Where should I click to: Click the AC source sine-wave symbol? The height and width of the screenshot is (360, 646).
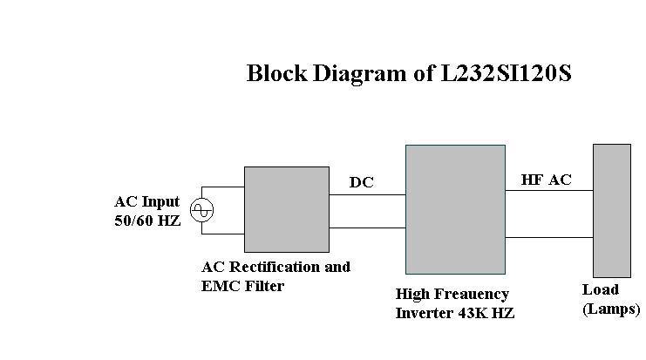[x=201, y=209]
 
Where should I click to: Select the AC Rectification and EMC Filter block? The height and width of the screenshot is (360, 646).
[x=286, y=209]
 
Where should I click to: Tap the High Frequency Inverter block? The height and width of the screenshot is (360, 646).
[x=455, y=209]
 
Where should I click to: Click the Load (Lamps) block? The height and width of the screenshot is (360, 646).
[x=611, y=210]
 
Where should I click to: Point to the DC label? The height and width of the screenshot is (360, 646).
[x=362, y=182]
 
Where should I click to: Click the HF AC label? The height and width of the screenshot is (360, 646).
[x=547, y=180]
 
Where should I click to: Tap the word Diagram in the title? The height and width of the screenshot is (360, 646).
[x=357, y=73]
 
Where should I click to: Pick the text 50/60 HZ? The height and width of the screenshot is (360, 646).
[x=148, y=221]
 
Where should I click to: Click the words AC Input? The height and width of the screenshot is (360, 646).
[x=147, y=202]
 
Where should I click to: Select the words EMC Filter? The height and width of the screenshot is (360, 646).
[x=243, y=286]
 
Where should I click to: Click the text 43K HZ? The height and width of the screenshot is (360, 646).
[x=486, y=313]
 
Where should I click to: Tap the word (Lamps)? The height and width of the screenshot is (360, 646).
[x=611, y=309]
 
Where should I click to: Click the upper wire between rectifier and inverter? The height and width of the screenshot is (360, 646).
[x=367, y=194]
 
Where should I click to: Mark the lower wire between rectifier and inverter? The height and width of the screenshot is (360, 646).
[x=367, y=228]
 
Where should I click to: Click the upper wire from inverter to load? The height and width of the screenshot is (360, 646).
[x=549, y=190]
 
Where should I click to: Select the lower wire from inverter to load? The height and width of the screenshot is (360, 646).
[x=549, y=235]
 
